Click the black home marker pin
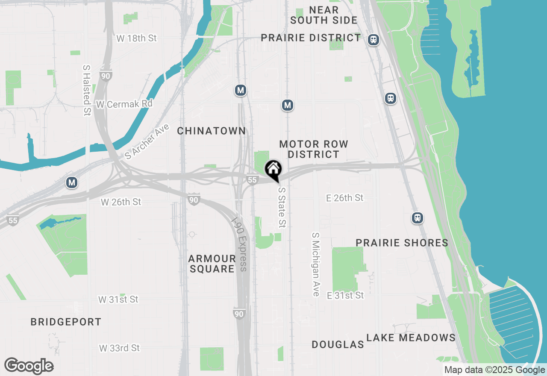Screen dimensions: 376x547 [273, 169]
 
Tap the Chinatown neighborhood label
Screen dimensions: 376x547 [212, 131]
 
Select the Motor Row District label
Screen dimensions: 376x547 [314, 149]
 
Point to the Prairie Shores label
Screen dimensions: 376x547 [402, 243]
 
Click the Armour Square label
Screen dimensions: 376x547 [212, 264]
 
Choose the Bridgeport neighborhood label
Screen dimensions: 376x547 [66, 322]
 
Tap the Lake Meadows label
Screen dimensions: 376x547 [411, 338]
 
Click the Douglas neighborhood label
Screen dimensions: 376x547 [338, 344]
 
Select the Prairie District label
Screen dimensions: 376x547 [311, 38]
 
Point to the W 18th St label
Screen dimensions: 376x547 [136, 38]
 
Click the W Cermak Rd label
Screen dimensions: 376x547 [124, 104]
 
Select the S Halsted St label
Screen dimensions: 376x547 [87, 90]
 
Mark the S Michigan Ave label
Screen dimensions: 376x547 [316, 264]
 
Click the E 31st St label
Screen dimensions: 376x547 [345, 295]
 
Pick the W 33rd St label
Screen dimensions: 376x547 [119, 348]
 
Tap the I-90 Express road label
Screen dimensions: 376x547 [239, 244]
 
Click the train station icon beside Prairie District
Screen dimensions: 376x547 [373, 40]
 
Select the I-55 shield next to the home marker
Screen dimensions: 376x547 [252, 180]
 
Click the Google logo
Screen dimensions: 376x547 [29, 366]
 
